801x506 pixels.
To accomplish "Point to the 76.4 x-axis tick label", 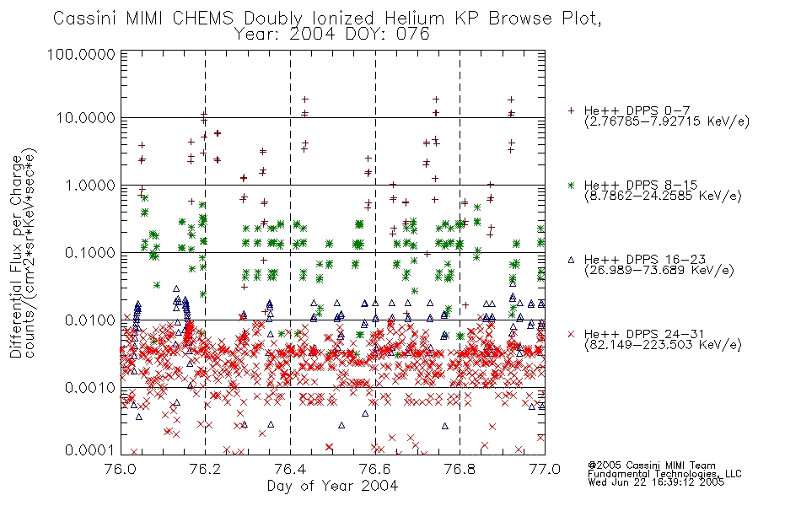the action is click(x=290, y=469).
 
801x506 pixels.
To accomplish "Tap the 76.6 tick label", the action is click(x=375, y=469).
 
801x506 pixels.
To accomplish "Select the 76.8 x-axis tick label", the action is click(x=460, y=469).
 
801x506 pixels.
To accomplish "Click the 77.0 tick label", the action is click(x=545, y=469).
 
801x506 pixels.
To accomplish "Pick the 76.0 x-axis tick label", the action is click(x=120, y=469).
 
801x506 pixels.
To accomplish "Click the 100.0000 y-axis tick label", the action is click(x=81, y=54).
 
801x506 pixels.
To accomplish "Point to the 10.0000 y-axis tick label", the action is click(x=85, y=118).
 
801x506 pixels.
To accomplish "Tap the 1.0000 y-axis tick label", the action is click(x=89, y=186).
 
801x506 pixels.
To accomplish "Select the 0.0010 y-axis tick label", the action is click(x=89, y=388).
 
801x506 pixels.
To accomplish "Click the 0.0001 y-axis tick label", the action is click(x=89, y=449).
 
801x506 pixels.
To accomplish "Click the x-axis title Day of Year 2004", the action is click(x=332, y=486).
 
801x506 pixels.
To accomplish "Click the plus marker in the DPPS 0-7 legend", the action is click(x=571, y=110).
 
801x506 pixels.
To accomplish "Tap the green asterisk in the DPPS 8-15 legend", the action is click(x=571, y=185).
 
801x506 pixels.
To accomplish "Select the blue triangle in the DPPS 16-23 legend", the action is click(x=571, y=260).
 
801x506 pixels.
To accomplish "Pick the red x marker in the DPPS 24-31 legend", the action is click(x=571, y=334).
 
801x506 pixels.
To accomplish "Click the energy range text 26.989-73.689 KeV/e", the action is click(x=659, y=270).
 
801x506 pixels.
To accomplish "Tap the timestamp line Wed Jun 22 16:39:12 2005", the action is click(x=656, y=482).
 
